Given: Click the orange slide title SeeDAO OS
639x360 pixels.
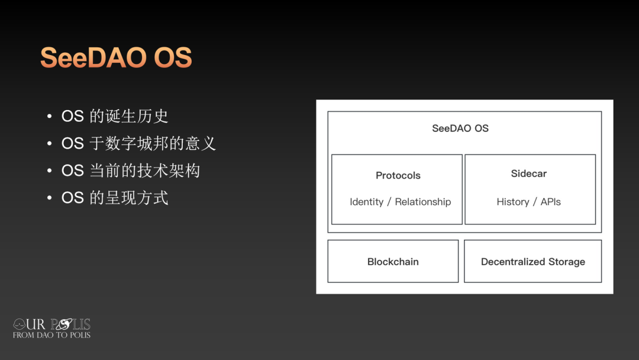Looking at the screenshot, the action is coord(116,57).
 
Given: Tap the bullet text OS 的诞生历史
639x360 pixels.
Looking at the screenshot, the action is coord(115,116).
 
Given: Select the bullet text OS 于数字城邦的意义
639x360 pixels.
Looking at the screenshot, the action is coord(138,143).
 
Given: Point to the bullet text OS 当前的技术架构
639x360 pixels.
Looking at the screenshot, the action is coord(130,171).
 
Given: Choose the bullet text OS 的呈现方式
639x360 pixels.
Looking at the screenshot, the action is coord(115,198).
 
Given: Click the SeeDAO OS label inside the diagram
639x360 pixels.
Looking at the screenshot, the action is coord(460,128).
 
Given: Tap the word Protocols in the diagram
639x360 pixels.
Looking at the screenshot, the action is coord(398,175).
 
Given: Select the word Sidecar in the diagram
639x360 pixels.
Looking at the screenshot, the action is coord(528,173).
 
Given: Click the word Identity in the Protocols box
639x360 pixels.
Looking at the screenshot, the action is coord(366,202).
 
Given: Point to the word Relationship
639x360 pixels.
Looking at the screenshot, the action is coord(422,202).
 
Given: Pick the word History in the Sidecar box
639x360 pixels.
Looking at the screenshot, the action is coord(512,202).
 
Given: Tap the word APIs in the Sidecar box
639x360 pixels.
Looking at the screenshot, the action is coord(551,202).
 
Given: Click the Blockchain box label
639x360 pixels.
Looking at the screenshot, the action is coord(393,262).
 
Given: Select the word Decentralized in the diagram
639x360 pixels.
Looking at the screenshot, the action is coord(513,262).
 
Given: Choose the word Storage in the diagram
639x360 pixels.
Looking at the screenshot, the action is coord(567,262).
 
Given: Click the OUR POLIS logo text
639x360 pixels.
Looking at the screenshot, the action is coord(51,324).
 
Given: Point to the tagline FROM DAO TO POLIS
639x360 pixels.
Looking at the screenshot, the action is coord(51,335).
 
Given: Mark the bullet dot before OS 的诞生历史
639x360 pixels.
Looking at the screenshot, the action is coord(49,117).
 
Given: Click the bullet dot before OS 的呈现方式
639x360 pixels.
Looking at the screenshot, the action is coord(49,198).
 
